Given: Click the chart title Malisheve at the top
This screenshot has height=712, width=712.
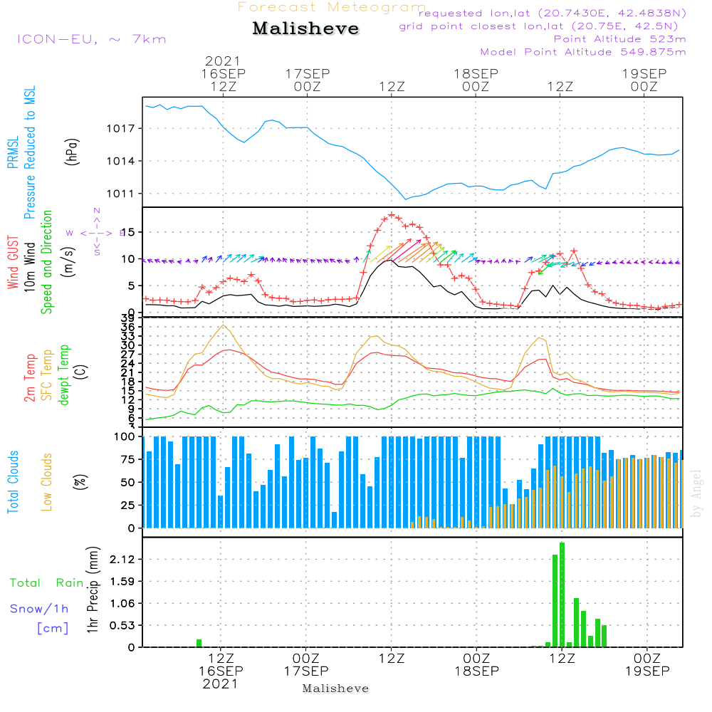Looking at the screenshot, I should click(x=306, y=29).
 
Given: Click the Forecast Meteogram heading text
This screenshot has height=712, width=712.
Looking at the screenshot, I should click(x=332, y=7).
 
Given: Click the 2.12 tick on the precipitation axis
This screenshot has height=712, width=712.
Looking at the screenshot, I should click(x=123, y=560).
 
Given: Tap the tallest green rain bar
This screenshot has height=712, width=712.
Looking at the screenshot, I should click(x=562, y=595).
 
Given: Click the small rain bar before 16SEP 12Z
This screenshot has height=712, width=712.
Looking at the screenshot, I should click(x=199, y=643).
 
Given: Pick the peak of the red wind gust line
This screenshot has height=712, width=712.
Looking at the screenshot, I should click(x=392, y=214).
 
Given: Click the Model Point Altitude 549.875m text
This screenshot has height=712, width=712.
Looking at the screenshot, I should click(x=583, y=52).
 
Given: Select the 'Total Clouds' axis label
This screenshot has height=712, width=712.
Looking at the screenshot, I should click(x=13, y=482).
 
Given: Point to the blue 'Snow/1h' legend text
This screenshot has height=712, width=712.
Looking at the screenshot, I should click(x=40, y=609).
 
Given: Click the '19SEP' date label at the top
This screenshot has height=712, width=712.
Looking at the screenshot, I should click(x=644, y=73).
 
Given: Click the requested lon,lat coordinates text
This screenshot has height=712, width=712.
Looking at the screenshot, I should click(x=552, y=14).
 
